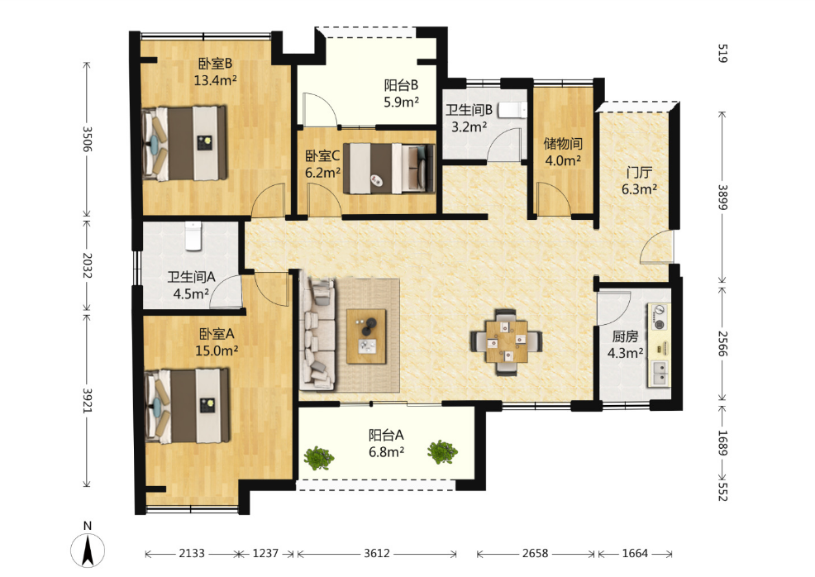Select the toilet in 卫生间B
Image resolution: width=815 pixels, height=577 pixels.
[512, 110]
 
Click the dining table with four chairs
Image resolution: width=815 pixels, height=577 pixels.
[506, 341]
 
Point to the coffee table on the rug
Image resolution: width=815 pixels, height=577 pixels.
[366, 336]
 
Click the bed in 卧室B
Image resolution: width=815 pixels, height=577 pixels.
[184, 144]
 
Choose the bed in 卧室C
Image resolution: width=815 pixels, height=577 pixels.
[388, 168]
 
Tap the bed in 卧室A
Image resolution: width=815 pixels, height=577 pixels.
[187, 406]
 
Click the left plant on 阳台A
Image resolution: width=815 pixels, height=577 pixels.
[318, 457]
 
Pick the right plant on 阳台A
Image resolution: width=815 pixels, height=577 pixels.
[442, 451]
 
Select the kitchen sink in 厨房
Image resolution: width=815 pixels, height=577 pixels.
[660, 373]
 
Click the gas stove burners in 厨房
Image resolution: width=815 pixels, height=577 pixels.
[659, 317]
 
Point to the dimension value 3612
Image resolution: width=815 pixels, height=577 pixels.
[376, 553]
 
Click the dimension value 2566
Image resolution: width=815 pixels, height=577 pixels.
[722, 344]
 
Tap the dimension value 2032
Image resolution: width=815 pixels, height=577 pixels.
[87, 265]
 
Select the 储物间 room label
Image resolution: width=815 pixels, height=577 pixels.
[562, 144]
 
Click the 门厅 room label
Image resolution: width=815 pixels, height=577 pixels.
[639, 172]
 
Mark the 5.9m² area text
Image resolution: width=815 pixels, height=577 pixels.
[401, 102]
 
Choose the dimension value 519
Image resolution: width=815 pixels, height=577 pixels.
[722, 54]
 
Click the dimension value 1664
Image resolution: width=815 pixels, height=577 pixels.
[635, 553]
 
